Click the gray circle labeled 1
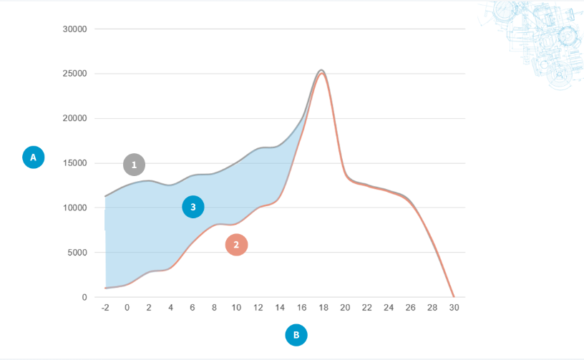[x=134, y=165]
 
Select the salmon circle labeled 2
[x=236, y=245]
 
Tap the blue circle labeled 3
[x=193, y=208]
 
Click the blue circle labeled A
[x=34, y=157]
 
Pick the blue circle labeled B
[x=296, y=334]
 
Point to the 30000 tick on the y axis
[x=74, y=29]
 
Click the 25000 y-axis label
[x=74, y=74]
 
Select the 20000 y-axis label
[x=74, y=119]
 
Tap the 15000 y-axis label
[x=74, y=163]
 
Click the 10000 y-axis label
[x=74, y=208]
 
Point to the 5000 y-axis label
[x=76, y=253]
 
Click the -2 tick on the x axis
[x=105, y=308]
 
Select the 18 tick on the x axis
[x=323, y=308]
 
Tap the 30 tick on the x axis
[x=454, y=308]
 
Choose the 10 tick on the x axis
[x=236, y=308]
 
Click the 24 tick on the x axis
[x=389, y=308]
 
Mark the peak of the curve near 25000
[x=322, y=70]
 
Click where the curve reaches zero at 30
[x=454, y=296]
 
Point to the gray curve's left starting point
[x=106, y=196]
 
